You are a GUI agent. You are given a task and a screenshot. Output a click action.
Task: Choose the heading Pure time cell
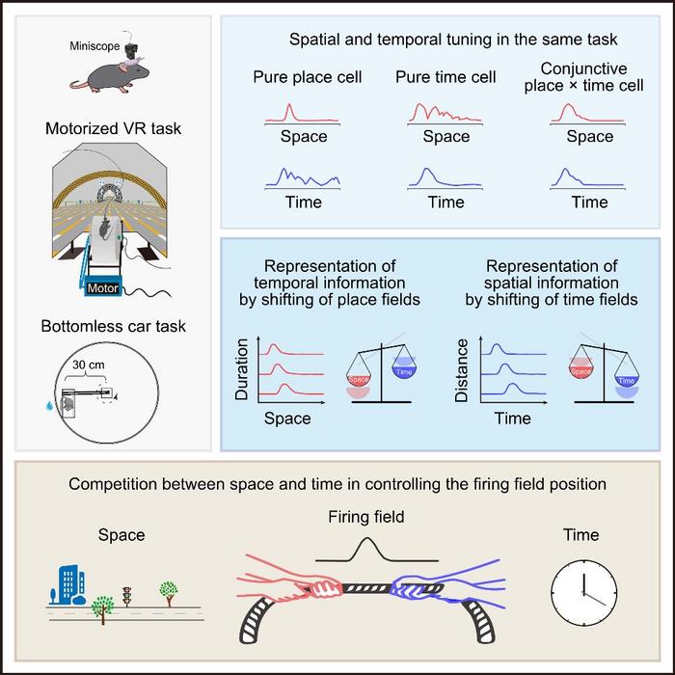tap(445, 76)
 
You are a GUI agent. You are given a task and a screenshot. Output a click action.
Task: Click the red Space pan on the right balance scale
tap(580, 369)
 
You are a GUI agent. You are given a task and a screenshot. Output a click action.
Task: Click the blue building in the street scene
tap(62, 582)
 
